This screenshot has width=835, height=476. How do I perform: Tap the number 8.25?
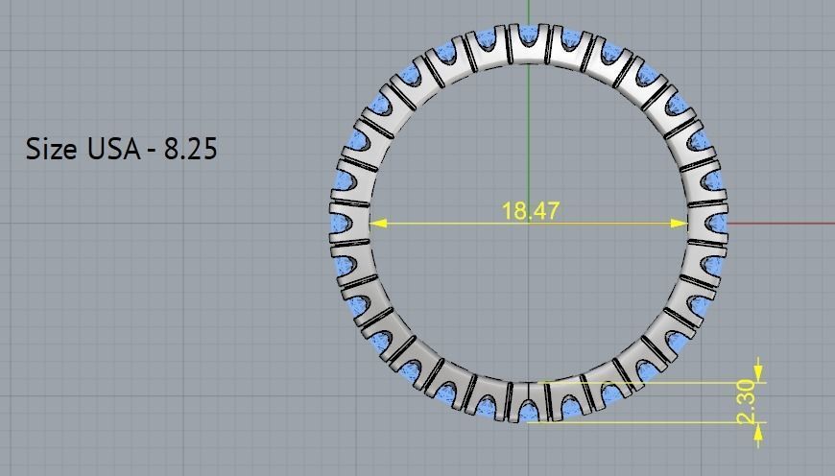[x=189, y=149]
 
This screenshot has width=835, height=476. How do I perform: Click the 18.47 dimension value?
[x=531, y=211]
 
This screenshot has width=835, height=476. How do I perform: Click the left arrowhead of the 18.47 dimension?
[x=377, y=223]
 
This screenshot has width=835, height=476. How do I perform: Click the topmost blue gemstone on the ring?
[x=529, y=36]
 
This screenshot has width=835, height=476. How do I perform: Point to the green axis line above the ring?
[x=529, y=12]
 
